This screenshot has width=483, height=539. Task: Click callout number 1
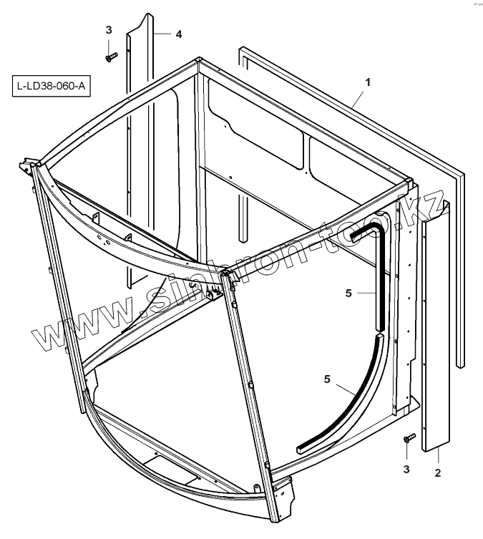[367, 82]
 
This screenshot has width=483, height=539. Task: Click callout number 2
[437, 473]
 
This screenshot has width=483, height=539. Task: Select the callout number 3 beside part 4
[109, 30]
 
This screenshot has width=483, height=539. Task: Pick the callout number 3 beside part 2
[406, 470]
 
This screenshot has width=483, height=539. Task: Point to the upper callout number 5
[348, 292]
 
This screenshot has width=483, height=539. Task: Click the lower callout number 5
[326, 379]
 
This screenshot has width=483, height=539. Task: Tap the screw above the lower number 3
[409, 437]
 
